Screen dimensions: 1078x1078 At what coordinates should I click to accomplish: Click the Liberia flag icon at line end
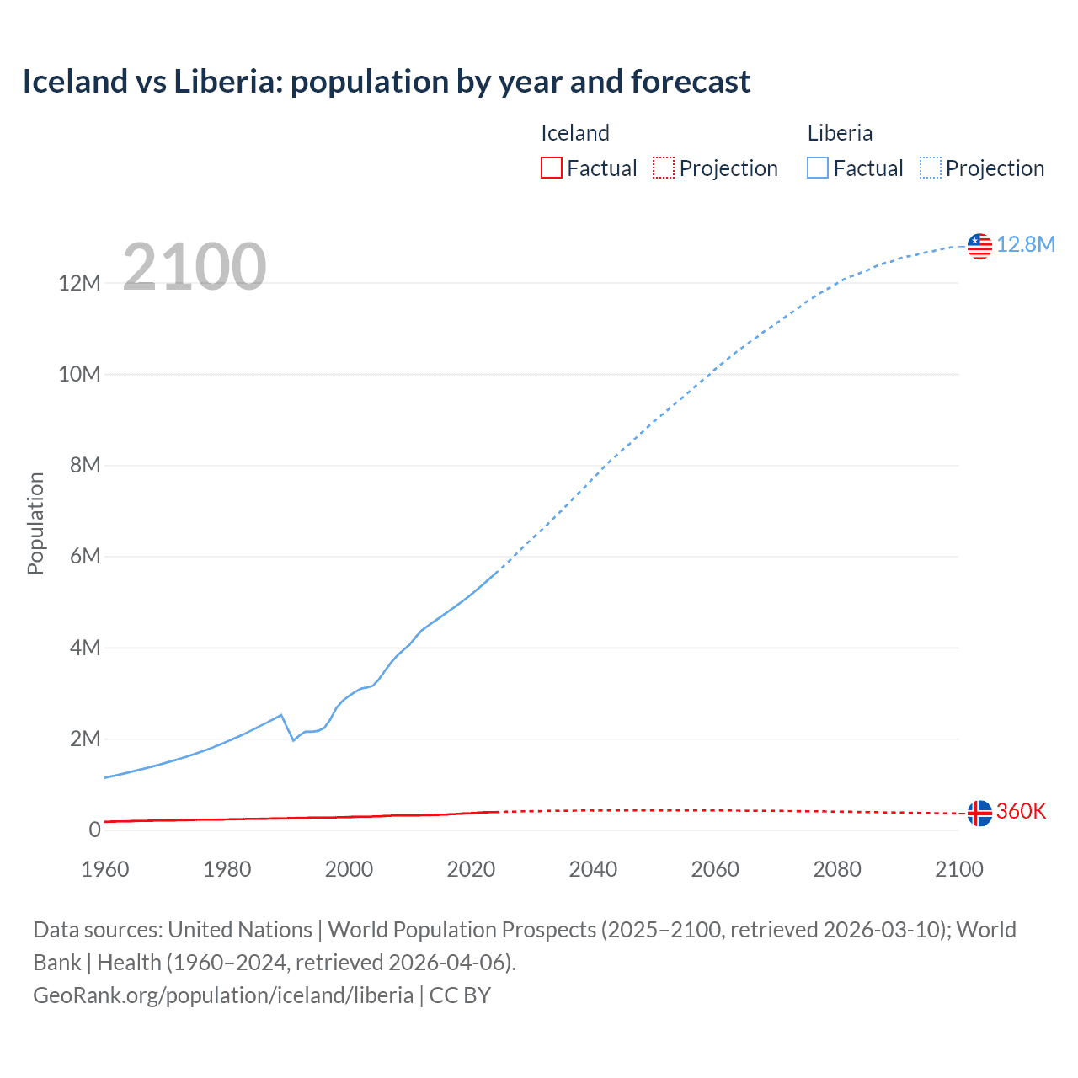click(979, 246)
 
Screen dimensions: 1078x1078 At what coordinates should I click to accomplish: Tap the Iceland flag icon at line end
click(979, 814)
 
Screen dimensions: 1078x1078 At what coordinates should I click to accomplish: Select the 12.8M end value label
click(1026, 244)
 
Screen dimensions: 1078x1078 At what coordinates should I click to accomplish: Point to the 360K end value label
click(1021, 811)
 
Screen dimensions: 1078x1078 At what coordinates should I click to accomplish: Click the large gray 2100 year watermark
click(195, 267)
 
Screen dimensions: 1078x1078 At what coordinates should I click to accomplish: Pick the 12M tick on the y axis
click(79, 283)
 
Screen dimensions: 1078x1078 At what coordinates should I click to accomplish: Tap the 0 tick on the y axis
click(94, 830)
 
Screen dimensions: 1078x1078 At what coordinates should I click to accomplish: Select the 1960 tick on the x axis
click(105, 869)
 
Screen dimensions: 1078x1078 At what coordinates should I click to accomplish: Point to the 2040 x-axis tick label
click(593, 869)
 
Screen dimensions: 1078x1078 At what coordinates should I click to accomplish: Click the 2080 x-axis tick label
click(837, 869)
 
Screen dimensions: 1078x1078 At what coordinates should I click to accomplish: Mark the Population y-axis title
click(35, 523)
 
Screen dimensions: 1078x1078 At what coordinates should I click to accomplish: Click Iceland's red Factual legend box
click(551, 168)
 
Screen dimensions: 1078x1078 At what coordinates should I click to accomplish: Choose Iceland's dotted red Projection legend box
click(664, 168)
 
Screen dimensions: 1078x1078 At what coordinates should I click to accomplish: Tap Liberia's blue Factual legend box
click(817, 168)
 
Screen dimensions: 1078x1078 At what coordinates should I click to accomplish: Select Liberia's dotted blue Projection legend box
click(931, 168)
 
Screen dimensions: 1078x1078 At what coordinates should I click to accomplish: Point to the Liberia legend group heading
click(840, 133)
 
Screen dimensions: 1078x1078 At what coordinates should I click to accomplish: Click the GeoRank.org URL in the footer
click(223, 995)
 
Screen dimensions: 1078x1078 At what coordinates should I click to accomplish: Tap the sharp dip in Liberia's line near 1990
click(293, 739)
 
